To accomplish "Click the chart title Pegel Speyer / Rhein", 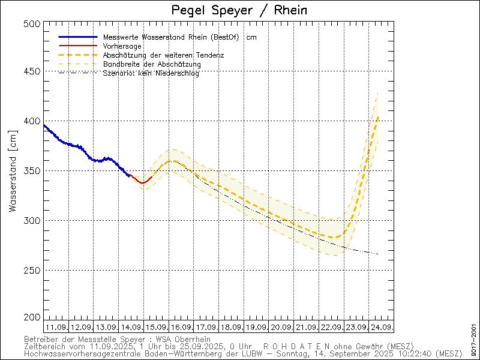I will pos(240,10).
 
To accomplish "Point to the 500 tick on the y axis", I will pos(34,23).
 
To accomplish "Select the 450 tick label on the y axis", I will pos(34,71).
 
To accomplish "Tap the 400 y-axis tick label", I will pos(34,121).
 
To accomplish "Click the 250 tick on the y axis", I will pos(34,270).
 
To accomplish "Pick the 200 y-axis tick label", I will pos(34,317).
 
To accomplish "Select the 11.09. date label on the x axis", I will pos(56,328).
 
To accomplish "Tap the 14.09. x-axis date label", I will pos(131,328).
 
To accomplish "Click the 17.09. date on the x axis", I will pos(206,328).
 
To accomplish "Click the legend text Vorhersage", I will pos(122,46).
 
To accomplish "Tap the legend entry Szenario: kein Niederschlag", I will pos(151,73).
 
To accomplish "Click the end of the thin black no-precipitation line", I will pos(377,254).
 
